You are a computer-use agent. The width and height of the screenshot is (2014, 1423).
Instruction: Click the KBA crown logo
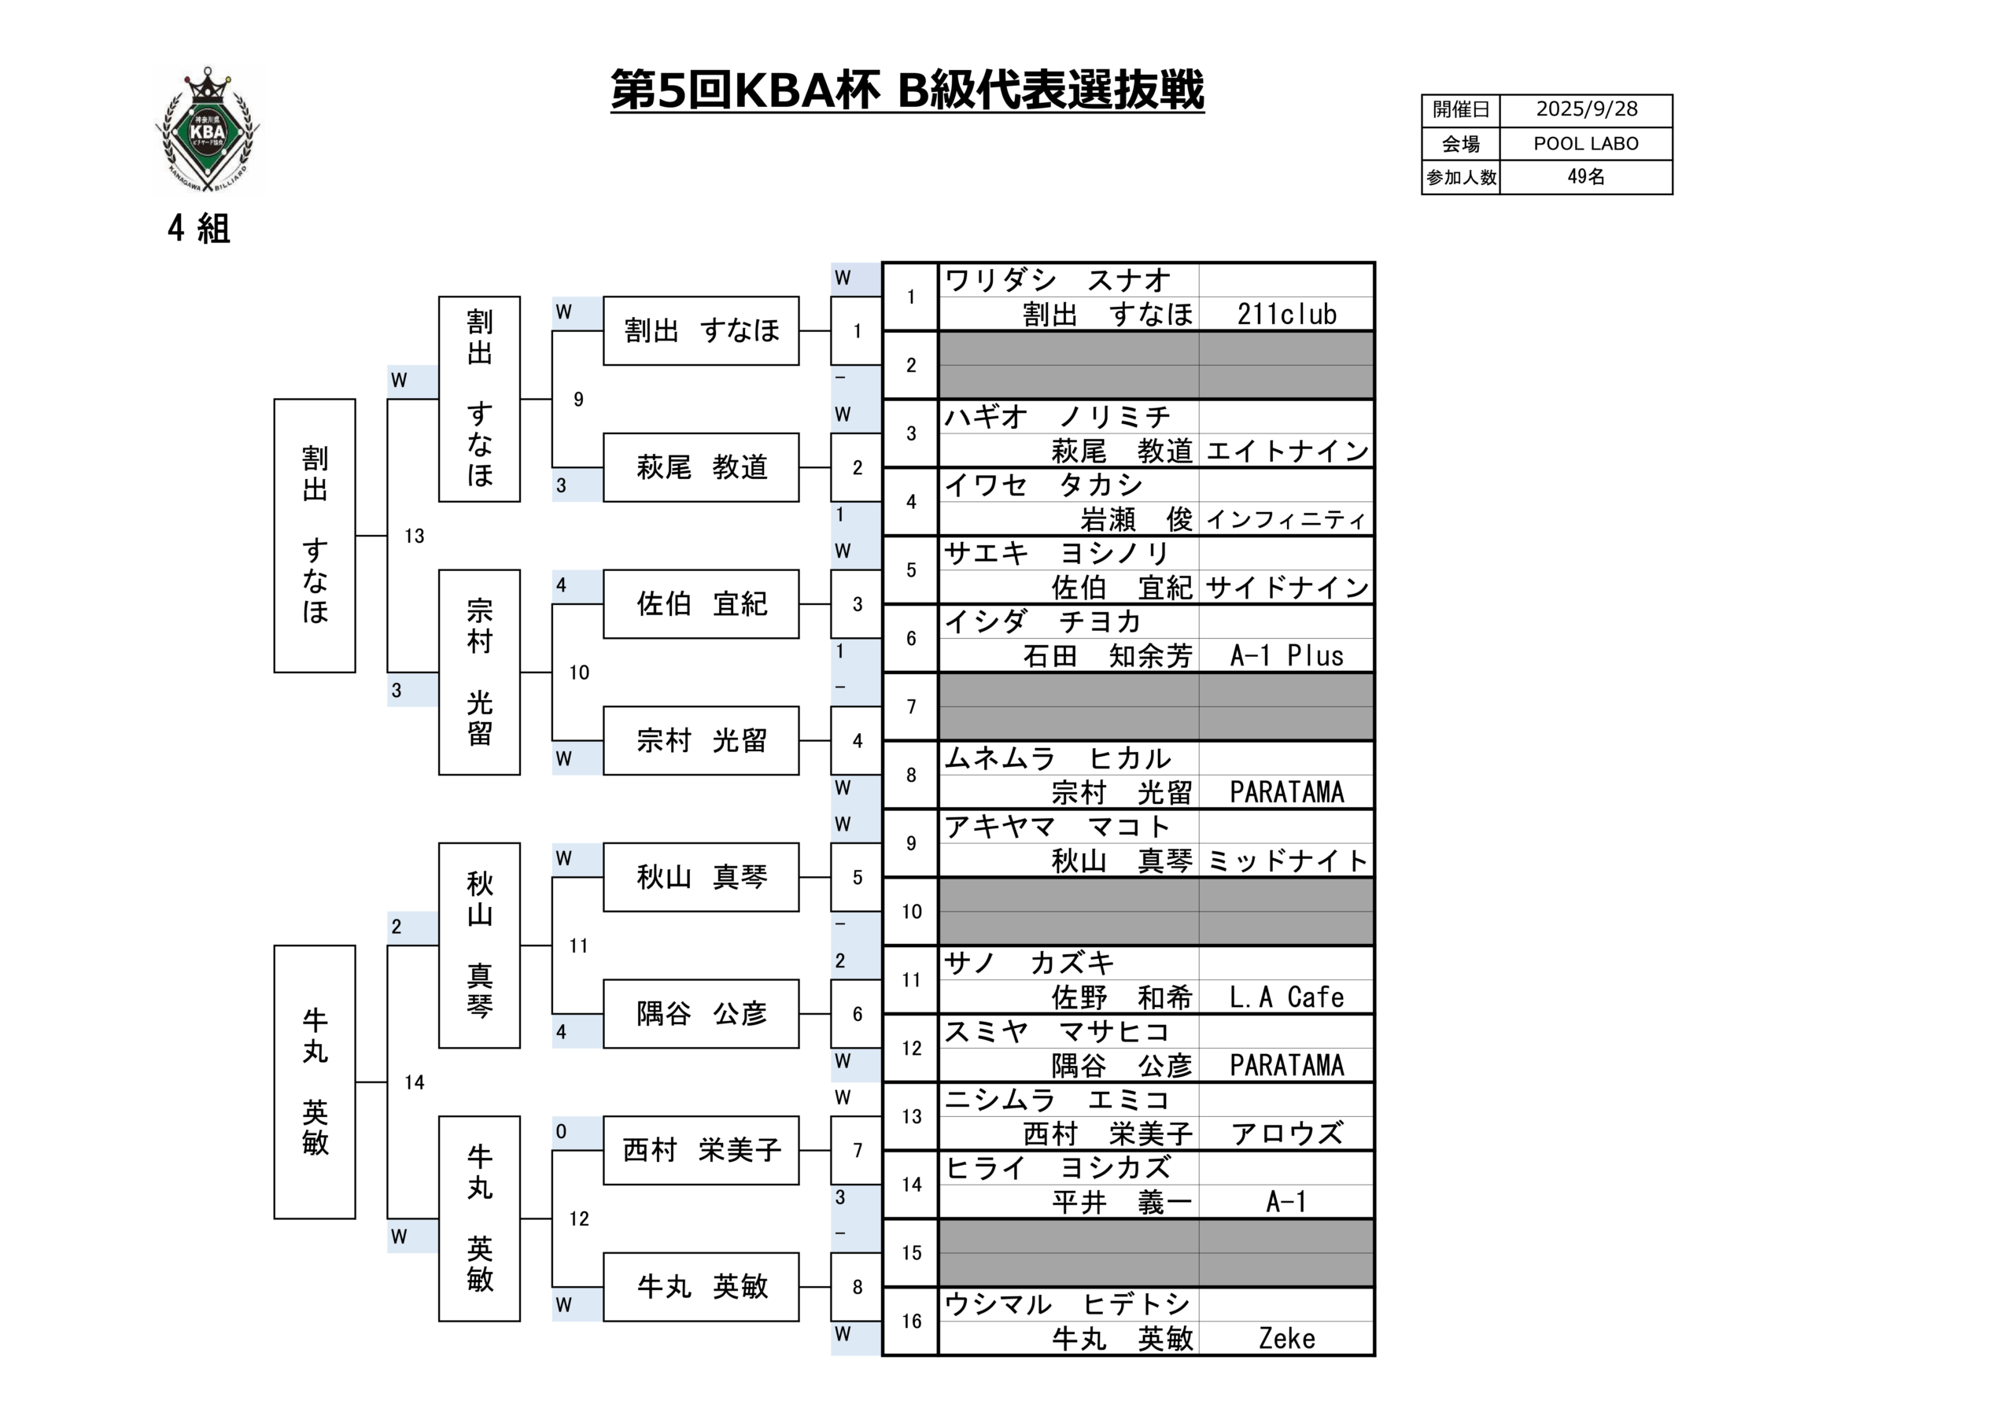(x=208, y=130)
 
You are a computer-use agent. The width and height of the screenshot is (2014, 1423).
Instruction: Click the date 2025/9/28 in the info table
(x=1586, y=109)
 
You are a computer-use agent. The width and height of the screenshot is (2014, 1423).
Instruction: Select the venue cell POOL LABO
(x=1585, y=144)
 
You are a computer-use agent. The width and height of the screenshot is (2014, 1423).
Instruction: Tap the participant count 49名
(x=1585, y=177)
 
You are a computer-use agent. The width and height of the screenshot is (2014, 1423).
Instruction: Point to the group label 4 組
(x=199, y=229)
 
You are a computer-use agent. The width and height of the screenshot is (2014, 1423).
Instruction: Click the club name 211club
(x=1286, y=314)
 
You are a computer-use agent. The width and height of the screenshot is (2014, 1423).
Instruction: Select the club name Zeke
(x=1286, y=1339)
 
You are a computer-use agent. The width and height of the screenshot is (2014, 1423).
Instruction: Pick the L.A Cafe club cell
(x=1286, y=997)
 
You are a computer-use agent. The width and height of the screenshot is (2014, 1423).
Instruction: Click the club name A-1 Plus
(x=1286, y=656)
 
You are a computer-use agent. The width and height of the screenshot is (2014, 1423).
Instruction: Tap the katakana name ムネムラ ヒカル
(x=1057, y=759)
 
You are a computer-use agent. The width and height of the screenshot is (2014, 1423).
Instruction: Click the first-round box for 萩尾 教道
(x=701, y=467)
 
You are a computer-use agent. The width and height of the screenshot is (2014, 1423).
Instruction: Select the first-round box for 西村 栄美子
(x=701, y=1150)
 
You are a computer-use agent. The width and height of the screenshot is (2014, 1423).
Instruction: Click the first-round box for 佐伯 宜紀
(x=701, y=604)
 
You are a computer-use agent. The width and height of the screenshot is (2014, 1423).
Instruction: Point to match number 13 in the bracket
(x=414, y=536)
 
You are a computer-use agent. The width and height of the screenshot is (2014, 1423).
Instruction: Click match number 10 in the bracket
(x=579, y=673)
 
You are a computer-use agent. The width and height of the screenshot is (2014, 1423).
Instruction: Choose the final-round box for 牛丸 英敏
(x=314, y=1082)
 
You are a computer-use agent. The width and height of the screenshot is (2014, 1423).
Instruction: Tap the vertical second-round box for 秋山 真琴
(x=479, y=946)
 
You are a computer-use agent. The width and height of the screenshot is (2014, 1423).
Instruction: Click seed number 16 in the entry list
(x=910, y=1322)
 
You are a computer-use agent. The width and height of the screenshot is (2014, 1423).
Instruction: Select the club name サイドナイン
(x=1286, y=588)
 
